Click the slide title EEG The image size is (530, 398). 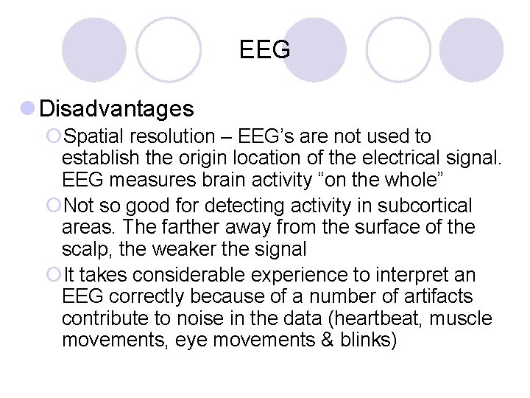tap(265, 50)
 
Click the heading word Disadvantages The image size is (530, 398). tap(117, 109)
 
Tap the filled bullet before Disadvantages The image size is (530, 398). tap(28, 109)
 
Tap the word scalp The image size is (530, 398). tap(85, 250)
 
